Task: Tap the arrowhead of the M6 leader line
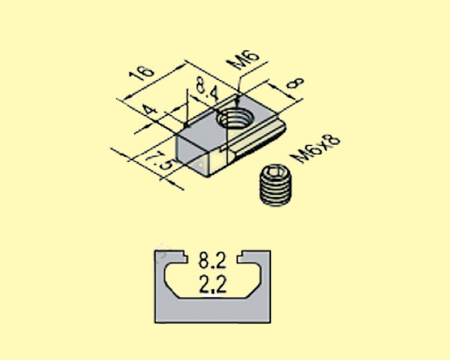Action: tap(240, 95)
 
